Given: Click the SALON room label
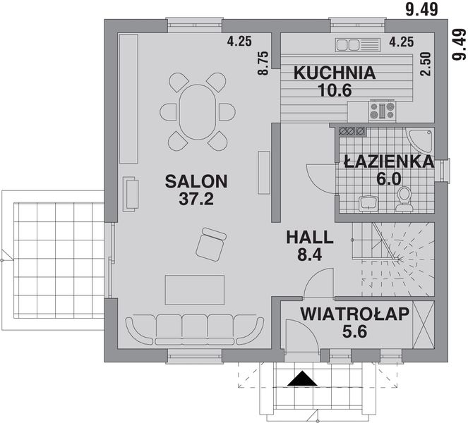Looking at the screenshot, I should (196, 181).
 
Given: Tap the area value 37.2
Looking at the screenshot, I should (196, 199).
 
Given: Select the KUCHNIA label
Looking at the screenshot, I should (334, 73).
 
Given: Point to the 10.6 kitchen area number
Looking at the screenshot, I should (334, 90).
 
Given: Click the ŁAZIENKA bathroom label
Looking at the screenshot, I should (388, 161).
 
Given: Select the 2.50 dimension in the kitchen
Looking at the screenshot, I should (424, 64).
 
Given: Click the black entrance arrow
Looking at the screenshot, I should (303, 379).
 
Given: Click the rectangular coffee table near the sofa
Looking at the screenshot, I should (195, 290).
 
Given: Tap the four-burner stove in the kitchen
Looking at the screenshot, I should (382, 111).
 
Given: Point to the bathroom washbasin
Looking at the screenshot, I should (368, 203).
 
